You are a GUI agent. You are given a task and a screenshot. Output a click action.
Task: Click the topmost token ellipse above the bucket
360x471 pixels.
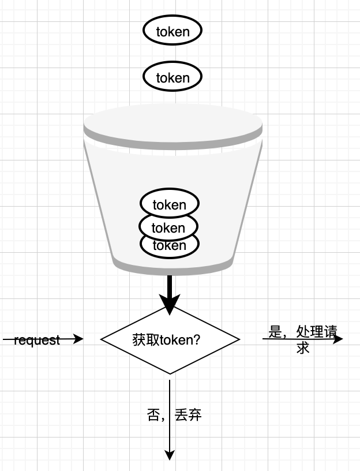click(x=172, y=31)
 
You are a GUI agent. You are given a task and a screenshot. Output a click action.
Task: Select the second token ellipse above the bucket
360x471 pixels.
click(x=172, y=77)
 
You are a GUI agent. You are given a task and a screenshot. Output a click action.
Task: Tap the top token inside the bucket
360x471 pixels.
click(x=170, y=204)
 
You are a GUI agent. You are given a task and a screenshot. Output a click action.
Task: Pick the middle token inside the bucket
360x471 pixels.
click(x=169, y=227)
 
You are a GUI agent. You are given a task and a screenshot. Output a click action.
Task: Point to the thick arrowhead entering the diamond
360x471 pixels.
click(x=170, y=305)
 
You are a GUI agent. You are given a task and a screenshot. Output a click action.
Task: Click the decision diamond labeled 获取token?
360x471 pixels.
click(x=170, y=339)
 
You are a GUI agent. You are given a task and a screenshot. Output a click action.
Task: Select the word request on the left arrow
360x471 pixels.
click(x=37, y=340)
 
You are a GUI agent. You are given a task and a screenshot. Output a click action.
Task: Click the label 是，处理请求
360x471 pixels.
click(x=302, y=339)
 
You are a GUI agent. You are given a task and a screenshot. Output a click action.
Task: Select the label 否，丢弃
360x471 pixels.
click(x=174, y=414)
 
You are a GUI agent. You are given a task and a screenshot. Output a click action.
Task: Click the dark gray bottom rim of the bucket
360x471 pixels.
click(x=173, y=268)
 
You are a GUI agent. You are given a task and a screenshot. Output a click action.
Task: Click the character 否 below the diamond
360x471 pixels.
click(x=153, y=414)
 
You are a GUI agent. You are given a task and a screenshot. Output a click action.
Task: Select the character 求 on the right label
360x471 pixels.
click(x=303, y=348)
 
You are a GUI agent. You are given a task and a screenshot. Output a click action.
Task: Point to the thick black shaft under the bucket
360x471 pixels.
click(x=170, y=285)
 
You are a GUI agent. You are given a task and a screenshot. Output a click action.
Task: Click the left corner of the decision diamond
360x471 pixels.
click(x=103, y=339)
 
